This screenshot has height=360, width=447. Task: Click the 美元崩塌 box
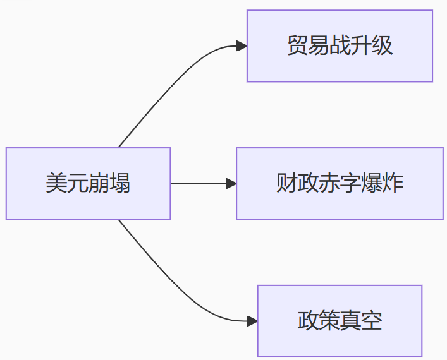click(88, 183)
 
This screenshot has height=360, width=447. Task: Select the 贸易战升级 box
click(340, 46)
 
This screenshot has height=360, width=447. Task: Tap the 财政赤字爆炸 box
click(340, 183)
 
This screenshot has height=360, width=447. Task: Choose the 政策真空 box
click(340, 321)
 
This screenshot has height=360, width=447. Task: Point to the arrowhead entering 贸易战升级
click(242, 46)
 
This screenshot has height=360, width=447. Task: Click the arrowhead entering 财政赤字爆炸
click(231, 183)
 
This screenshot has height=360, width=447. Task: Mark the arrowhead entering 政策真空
click(252, 321)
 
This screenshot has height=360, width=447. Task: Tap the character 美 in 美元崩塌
click(56, 183)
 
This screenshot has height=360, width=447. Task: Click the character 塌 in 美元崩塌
click(120, 183)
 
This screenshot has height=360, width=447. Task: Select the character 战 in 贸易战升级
click(340, 46)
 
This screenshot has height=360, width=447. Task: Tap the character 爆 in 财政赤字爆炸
click(372, 183)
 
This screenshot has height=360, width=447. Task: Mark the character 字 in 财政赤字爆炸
click(350, 183)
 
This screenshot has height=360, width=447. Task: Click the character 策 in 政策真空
click(329, 321)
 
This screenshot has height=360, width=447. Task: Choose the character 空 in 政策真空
click(372, 321)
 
